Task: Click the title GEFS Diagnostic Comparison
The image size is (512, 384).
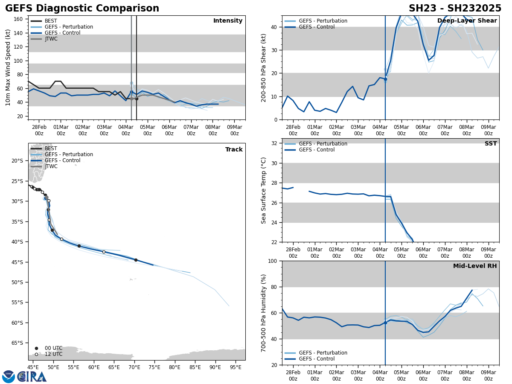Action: pyautogui.click(x=82, y=9)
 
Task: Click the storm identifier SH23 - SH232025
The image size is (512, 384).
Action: pyautogui.click(x=455, y=9)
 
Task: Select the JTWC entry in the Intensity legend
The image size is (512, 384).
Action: pyautogui.click(x=51, y=39)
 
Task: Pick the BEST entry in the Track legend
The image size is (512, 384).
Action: pyautogui.click(x=51, y=148)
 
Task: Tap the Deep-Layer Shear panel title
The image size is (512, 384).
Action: pyautogui.click(x=467, y=21)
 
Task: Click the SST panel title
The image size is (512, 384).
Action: pyautogui.click(x=491, y=144)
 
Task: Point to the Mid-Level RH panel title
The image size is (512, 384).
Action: pyautogui.click(x=475, y=266)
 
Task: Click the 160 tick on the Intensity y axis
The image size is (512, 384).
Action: pyautogui.click(x=18, y=19)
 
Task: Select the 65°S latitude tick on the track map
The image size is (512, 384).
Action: pyautogui.click(x=17, y=343)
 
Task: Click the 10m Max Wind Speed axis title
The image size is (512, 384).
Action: pyautogui.click(x=8, y=67)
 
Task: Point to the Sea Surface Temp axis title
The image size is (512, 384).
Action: pyautogui.click(x=264, y=190)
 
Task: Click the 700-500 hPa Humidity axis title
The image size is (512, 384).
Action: pyautogui.click(x=264, y=313)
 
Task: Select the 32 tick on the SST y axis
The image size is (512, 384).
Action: pyautogui.click(x=274, y=143)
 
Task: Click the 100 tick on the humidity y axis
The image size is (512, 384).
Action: pyautogui.click(x=272, y=261)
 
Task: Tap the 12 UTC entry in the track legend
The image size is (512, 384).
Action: pyautogui.click(x=53, y=354)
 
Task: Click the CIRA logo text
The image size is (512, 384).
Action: pyautogui.click(x=32, y=377)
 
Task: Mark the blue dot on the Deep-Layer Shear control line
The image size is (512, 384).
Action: pyautogui.click(x=385, y=79)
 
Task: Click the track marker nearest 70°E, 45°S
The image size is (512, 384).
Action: pyautogui.click(x=136, y=260)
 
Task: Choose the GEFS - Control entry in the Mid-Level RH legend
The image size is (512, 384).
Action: pyautogui.click(x=316, y=359)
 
